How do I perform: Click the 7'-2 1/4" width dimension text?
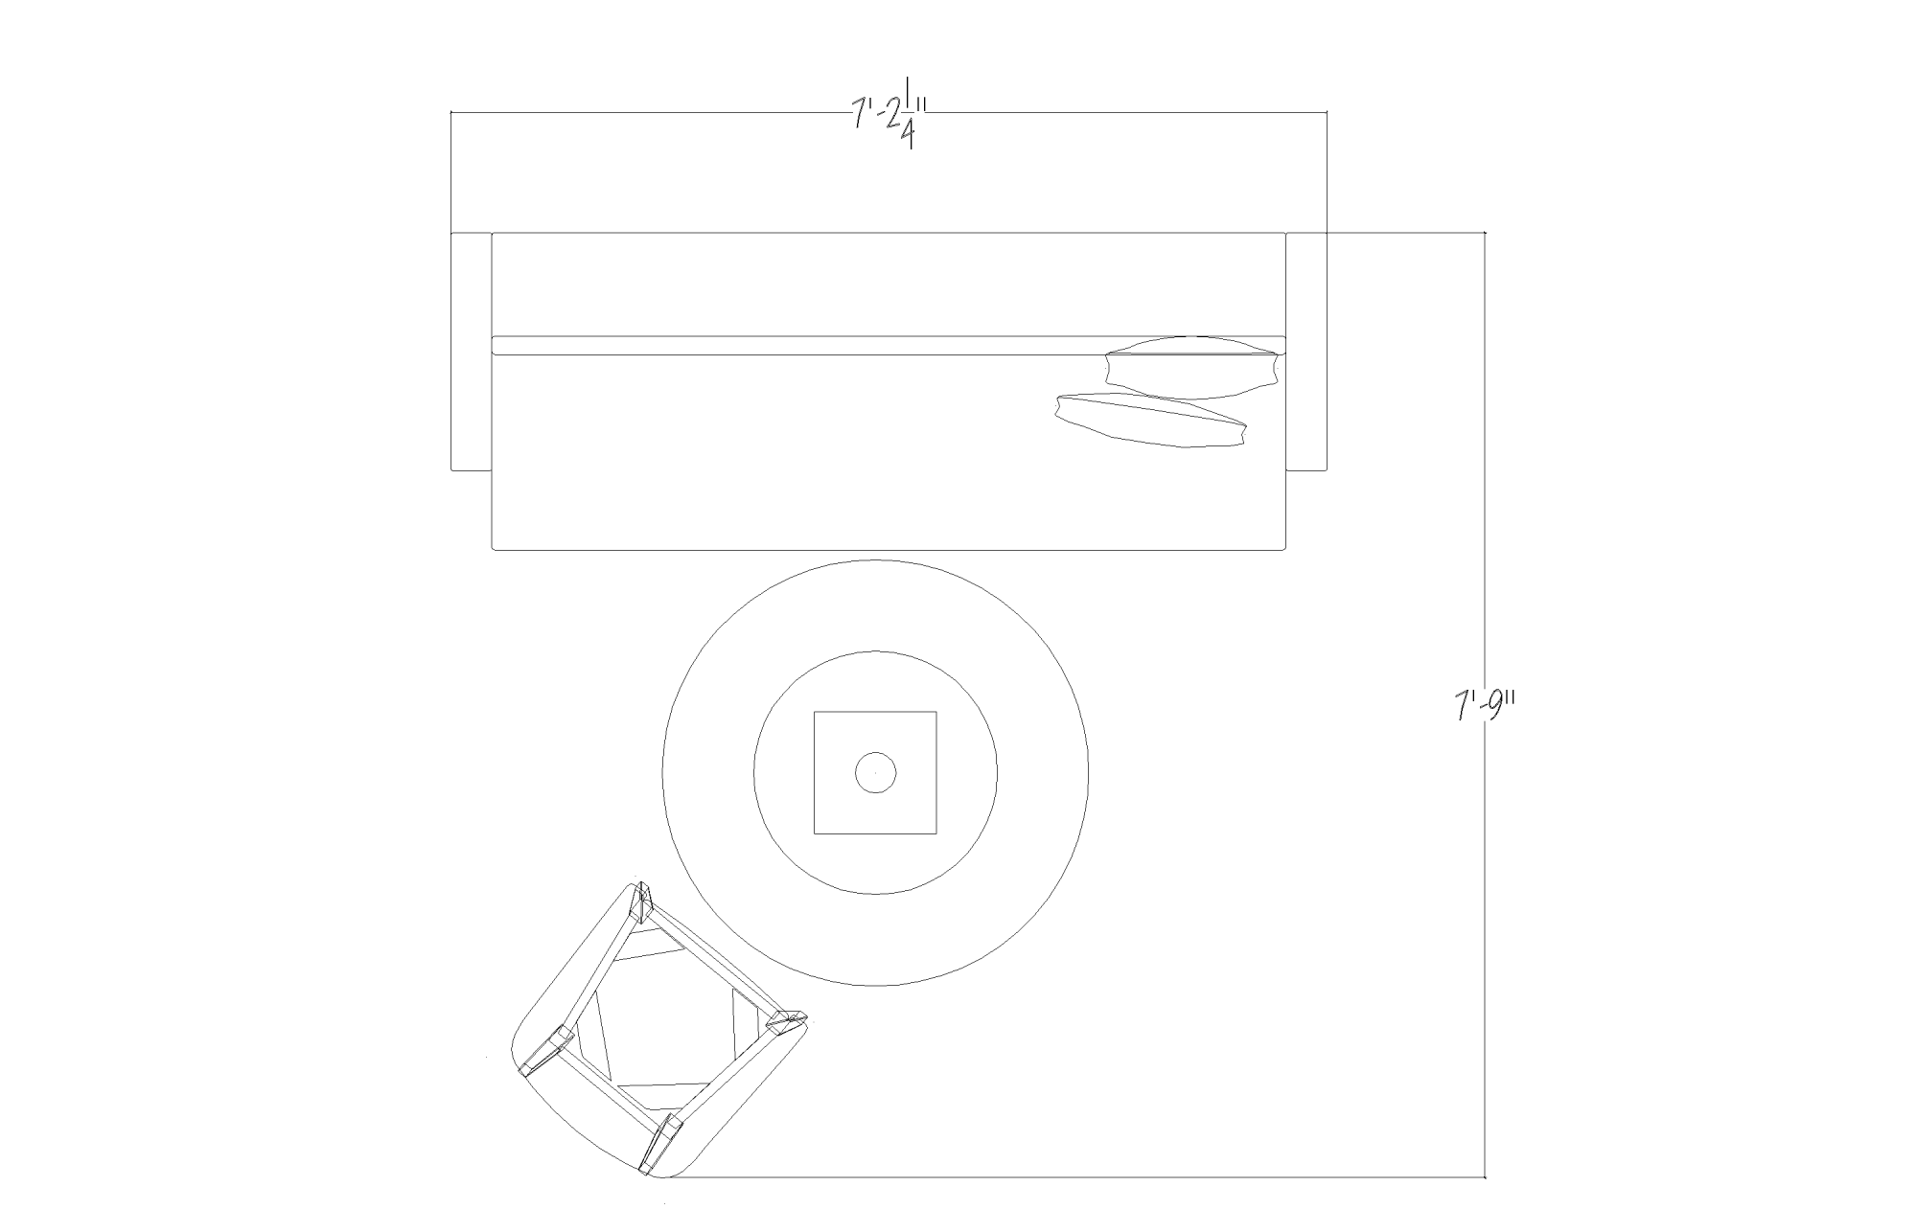888,119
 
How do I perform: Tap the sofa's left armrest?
471,352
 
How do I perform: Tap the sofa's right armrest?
1306,352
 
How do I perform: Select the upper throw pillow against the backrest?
1192,367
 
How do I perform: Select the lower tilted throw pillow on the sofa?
1150,421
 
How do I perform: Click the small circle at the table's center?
875,772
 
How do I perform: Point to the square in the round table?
875,772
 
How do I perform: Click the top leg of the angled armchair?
640,901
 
